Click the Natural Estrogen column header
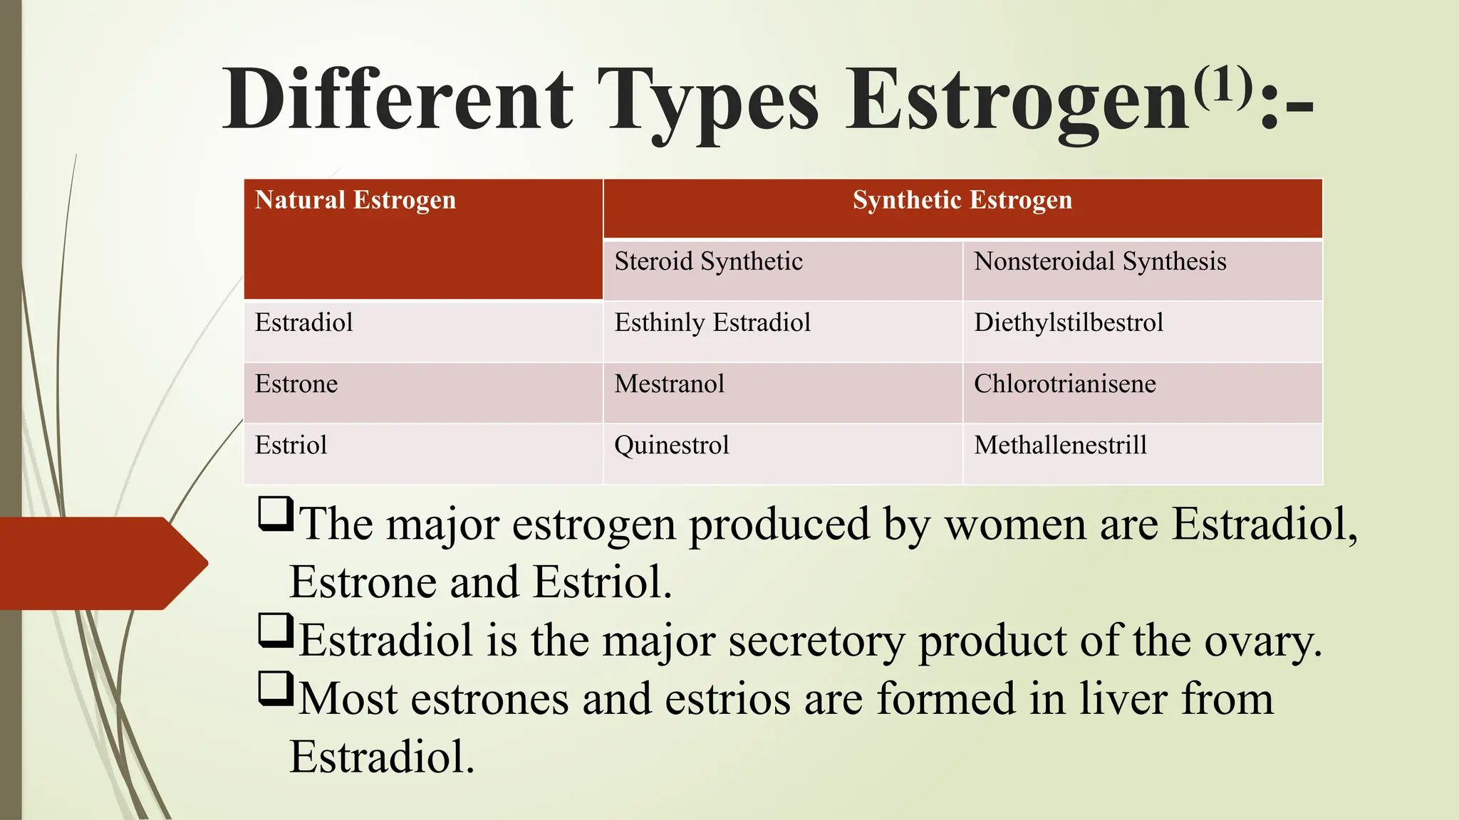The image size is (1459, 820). point(355,201)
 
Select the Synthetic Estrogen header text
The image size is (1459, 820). point(962,201)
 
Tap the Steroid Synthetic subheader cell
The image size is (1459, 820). point(708,262)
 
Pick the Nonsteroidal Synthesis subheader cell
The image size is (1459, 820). point(1099,262)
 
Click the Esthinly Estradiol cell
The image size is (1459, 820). point(712,323)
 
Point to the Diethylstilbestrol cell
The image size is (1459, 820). point(1068,323)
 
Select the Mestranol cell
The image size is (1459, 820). point(669,384)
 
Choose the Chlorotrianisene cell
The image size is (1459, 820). point(1064,384)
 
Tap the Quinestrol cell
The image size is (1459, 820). point(671,446)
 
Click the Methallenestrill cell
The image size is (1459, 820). point(1060,446)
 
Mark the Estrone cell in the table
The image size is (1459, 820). point(296,384)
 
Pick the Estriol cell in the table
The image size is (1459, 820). point(291,446)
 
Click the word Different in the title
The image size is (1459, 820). point(398,100)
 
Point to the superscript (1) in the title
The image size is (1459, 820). point(1222,84)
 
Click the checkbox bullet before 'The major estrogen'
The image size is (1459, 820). point(276,513)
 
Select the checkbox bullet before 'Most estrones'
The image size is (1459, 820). point(276,688)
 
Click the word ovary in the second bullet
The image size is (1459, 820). point(1262,641)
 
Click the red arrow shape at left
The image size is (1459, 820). point(100,563)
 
